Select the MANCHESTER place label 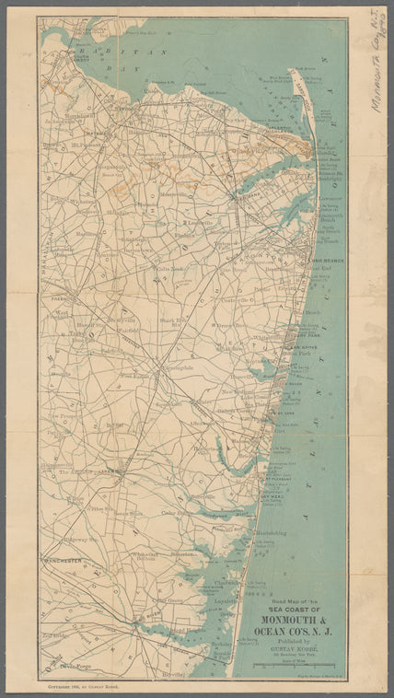pyautogui.click(x=64, y=560)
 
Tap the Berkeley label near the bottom pyautogui.click(x=221, y=644)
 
